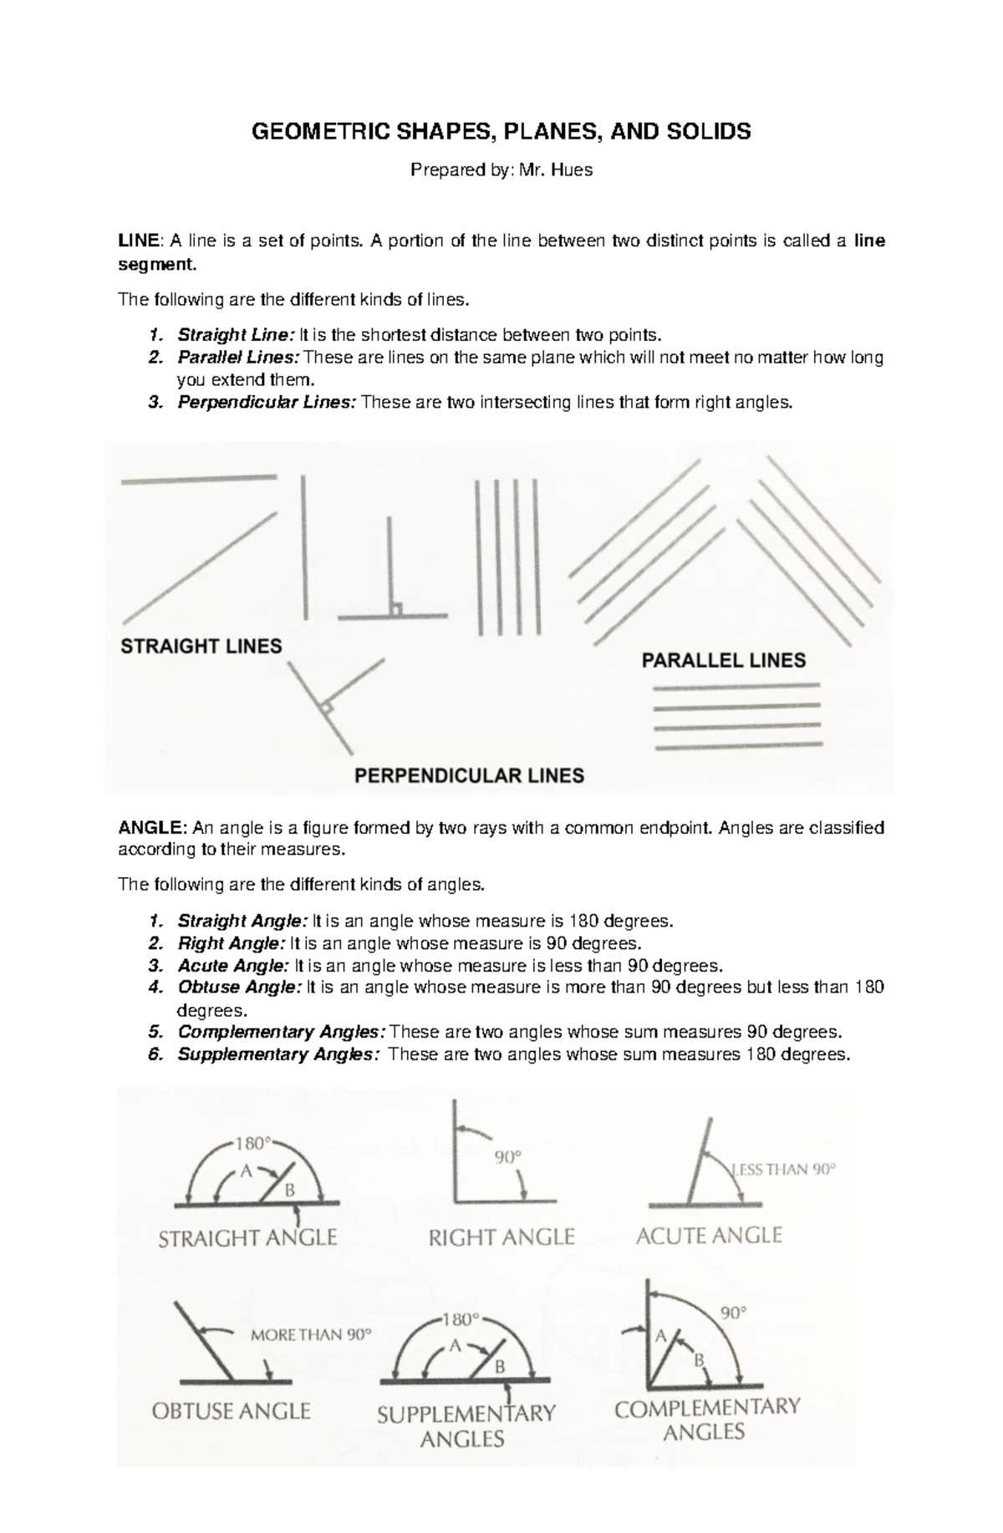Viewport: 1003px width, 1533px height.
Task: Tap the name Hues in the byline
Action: (x=573, y=170)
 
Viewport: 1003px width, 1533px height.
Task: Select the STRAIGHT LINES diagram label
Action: (x=201, y=647)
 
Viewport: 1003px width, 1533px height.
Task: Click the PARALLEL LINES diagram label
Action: (x=723, y=661)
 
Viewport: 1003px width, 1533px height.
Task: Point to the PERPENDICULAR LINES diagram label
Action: (x=470, y=775)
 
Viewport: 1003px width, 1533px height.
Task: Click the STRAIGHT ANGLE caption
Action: (x=247, y=1237)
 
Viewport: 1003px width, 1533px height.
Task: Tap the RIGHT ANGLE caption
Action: (x=501, y=1237)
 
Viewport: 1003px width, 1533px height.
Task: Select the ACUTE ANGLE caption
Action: (x=709, y=1236)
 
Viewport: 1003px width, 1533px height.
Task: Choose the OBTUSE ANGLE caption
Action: (x=231, y=1411)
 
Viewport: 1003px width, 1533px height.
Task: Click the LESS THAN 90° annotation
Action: (x=783, y=1170)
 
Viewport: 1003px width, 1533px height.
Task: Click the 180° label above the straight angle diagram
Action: (x=253, y=1142)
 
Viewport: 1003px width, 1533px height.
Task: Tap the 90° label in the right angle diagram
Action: (x=507, y=1158)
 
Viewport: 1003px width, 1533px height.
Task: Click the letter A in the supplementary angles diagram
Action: (x=456, y=1346)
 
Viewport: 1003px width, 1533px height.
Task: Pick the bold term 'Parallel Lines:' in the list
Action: (x=238, y=358)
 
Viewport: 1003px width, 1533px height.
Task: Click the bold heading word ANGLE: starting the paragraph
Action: (x=153, y=828)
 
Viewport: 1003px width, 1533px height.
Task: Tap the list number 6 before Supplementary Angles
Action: (x=154, y=1054)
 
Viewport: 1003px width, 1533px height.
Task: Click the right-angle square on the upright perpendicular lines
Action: (x=397, y=609)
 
